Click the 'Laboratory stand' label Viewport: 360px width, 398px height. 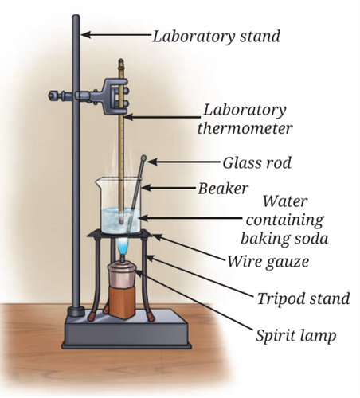pos(216,37)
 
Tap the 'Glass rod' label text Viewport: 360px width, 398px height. pos(257,162)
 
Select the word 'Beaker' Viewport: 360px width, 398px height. pos(223,189)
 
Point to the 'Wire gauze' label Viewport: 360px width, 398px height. pos(268,262)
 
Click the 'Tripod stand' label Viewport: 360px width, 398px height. pos(303,298)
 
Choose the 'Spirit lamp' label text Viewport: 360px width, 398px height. pos(295,336)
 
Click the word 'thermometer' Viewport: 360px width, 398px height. pos(245,128)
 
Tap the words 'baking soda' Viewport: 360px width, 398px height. pos(284,238)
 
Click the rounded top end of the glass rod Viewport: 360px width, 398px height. pos(143,158)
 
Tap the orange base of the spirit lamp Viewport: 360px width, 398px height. pos(122,302)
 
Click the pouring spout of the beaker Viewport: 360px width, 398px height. pos(98,181)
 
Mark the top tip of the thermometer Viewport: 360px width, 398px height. pos(121,60)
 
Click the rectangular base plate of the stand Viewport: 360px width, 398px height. pos(127,330)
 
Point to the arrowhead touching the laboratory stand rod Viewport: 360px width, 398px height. pos(85,34)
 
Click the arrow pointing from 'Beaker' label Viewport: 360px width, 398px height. pos(169,188)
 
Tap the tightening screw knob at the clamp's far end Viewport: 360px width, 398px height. pos(53,96)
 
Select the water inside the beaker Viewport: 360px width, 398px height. pos(121,220)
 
